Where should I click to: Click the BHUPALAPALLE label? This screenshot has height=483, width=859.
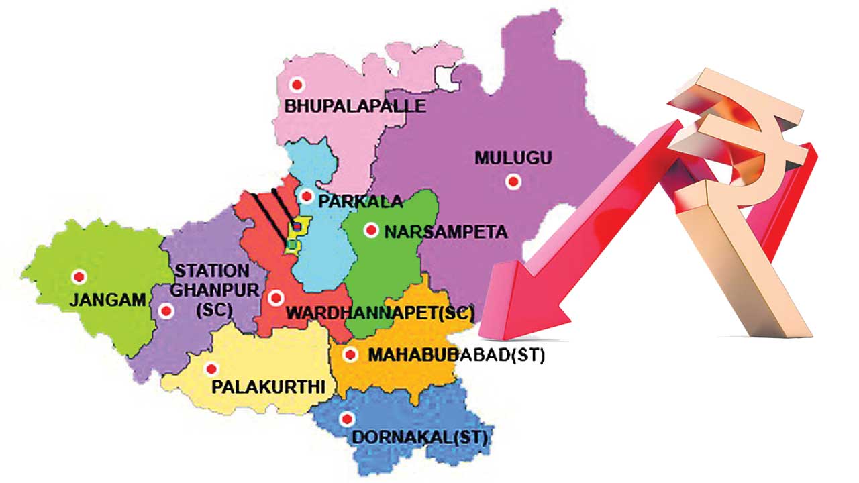point(355,106)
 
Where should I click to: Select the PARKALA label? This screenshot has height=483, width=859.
point(360,201)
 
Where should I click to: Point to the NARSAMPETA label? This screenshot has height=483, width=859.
point(445,232)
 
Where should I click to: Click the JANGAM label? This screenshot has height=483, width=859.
point(107,301)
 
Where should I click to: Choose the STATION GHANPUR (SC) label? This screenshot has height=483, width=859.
point(211,290)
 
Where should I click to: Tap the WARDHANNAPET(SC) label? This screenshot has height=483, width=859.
point(381,313)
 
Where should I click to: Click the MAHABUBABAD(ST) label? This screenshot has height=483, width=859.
point(456,355)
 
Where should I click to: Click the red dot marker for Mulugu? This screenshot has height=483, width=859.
point(513,181)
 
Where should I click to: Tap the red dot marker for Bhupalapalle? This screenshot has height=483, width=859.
point(296,85)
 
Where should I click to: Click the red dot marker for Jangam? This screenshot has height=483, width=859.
point(79,276)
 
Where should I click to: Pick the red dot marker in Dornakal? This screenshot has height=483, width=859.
point(346,420)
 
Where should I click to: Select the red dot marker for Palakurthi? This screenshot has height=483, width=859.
point(212,369)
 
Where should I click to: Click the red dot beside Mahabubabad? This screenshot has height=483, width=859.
point(349,354)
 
